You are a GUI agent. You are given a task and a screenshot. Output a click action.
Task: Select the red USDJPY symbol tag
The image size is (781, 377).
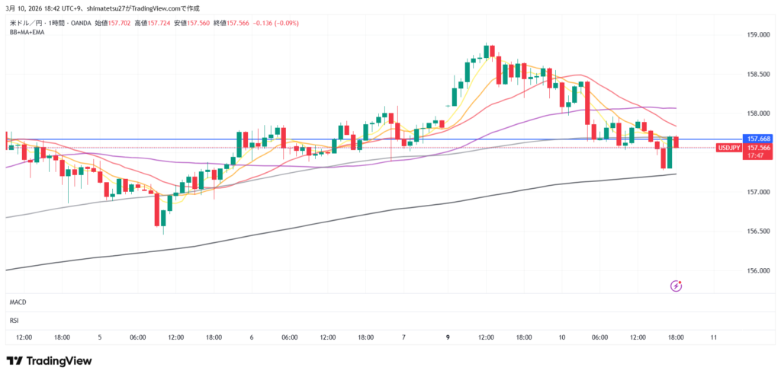point(730,148)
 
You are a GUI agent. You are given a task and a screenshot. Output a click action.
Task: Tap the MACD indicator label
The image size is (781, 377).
point(18,302)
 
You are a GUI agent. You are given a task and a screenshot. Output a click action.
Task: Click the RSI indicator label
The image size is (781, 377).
point(14,321)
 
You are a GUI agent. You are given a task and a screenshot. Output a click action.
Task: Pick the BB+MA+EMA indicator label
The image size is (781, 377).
point(27,32)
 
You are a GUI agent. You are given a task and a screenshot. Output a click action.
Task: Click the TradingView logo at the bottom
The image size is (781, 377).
point(49,360)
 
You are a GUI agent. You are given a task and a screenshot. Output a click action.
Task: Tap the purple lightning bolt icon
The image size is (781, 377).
point(676,286)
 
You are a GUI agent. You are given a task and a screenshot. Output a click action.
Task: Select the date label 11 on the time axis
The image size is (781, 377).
point(713,337)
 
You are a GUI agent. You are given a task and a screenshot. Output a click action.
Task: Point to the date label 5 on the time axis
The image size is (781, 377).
point(100,337)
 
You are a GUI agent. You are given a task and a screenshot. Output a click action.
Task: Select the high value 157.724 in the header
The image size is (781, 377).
point(159,24)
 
